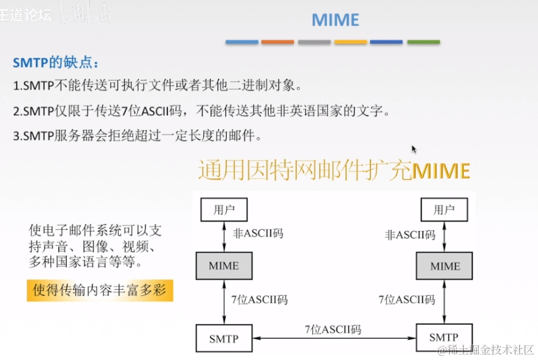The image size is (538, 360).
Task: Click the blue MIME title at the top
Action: tap(335, 20)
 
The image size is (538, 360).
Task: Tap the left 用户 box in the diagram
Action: tap(224, 210)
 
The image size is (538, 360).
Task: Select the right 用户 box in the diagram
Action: tap(444, 210)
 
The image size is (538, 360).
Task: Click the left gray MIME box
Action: tap(224, 265)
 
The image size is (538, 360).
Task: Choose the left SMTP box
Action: tap(224, 338)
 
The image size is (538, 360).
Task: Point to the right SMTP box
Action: tap(444, 337)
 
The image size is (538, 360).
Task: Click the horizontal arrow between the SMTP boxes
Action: tap(334, 338)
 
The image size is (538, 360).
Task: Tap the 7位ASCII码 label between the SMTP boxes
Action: tap(333, 329)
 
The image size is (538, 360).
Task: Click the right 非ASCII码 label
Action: tap(410, 234)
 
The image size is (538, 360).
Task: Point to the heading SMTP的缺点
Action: tap(55, 62)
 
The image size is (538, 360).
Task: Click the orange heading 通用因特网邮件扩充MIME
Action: tap(334, 170)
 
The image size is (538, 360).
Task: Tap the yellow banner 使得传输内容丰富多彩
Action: tap(100, 290)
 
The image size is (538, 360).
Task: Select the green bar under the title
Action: tap(423, 42)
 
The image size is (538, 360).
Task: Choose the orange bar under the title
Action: tap(278, 42)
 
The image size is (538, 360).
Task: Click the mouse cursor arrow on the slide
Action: tap(414, 149)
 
